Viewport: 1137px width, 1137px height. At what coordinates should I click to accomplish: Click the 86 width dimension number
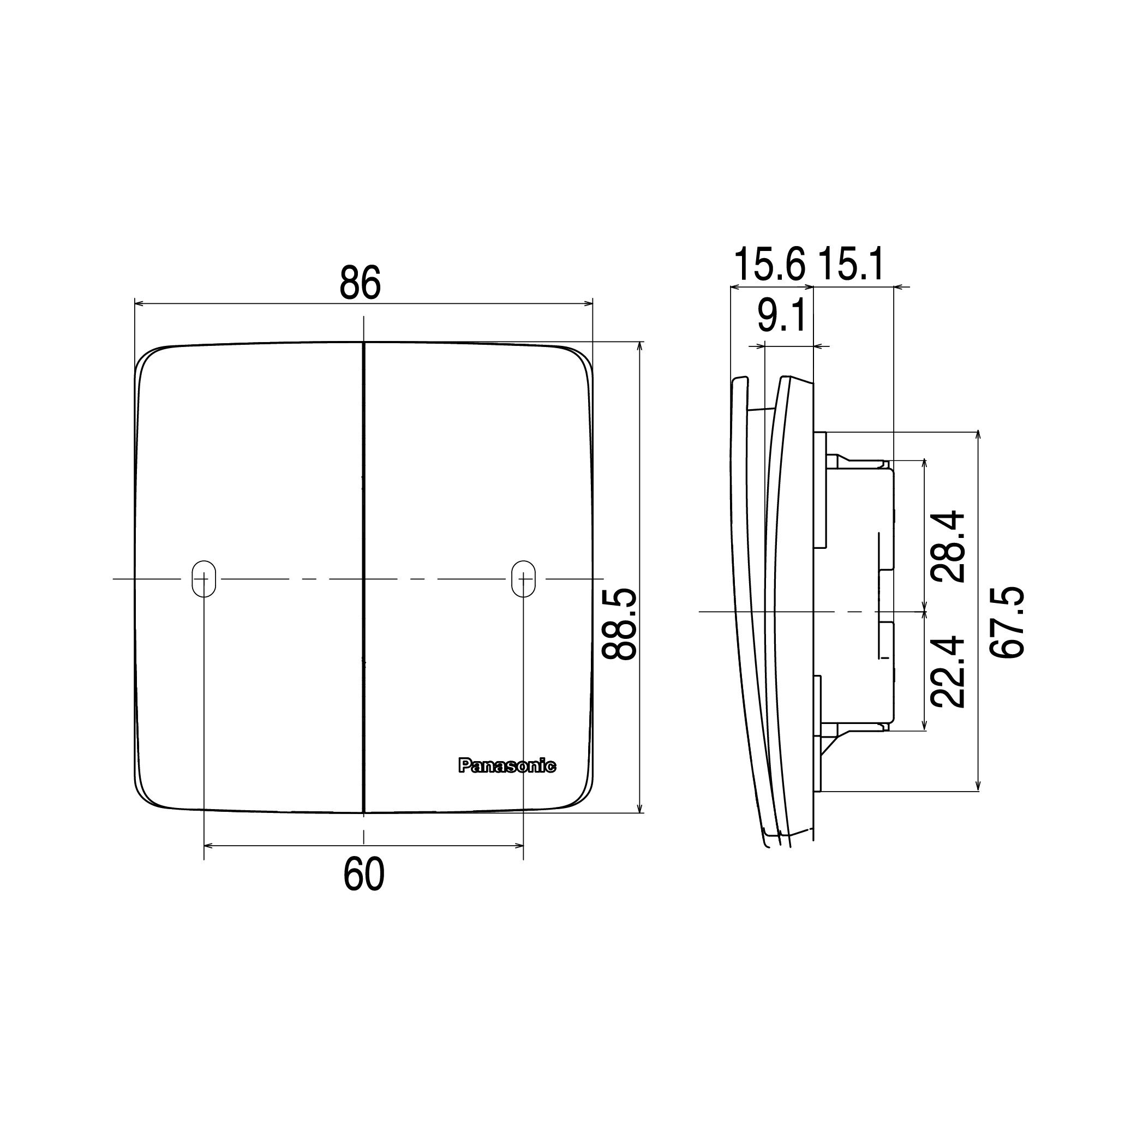pyautogui.click(x=360, y=283)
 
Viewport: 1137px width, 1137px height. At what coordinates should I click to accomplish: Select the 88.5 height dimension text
pyautogui.click(x=619, y=624)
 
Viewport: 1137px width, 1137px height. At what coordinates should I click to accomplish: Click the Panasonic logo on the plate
pyautogui.click(x=507, y=765)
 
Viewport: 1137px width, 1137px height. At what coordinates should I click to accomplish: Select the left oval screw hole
pyautogui.click(x=204, y=578)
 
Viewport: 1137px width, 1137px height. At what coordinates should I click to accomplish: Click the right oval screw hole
pyautogui.click(x=523, y=578)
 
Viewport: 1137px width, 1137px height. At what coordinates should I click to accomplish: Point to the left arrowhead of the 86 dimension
pyautogui.click(x=139, y=304)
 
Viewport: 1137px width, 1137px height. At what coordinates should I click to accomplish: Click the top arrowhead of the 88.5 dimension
pyautogui.click(x=641, y=346)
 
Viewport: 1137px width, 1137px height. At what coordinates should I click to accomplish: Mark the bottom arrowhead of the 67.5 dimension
pyautogui.click(x=978, y=786)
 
